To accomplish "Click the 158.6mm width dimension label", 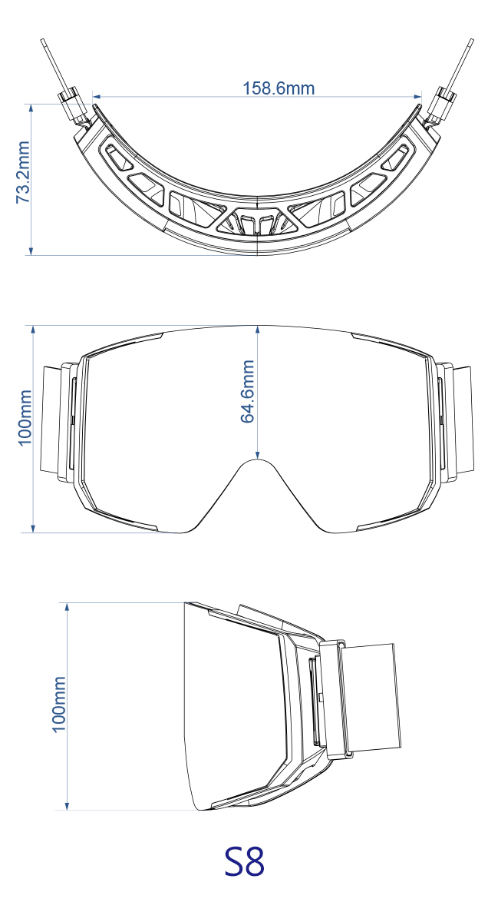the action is click(x=279, y=88).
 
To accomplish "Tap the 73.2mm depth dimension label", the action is click(x=23, y=172).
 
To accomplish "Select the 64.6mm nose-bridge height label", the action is click(x=247, y=391).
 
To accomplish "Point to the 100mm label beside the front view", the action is click(x=25, y=417).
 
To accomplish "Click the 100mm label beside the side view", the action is click(x=59, y=705).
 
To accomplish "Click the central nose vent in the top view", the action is click(x=257, y=222).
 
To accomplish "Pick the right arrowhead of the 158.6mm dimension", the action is click(x=417, y=97).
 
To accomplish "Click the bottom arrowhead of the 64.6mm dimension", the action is click(x=257, y=454).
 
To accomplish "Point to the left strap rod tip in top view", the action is click(x=42, y=40).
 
